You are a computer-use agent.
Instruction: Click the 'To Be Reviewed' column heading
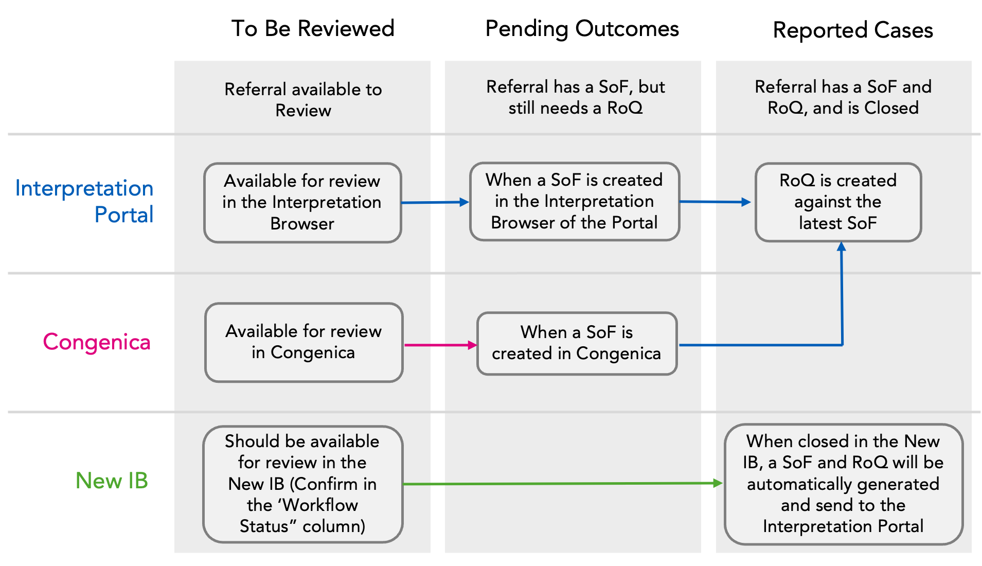(x=313, y=29)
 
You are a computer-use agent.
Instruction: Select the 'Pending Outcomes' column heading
(x=582, y=29)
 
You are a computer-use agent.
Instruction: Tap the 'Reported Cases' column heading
(x=852, y=30)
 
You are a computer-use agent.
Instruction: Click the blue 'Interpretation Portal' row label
(x=84, y=201)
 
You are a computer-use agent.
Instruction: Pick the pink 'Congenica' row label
(x=97, y=342)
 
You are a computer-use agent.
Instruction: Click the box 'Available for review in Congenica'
(x=303, y=342)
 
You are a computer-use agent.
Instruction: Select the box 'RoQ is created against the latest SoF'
(x=837, y=202)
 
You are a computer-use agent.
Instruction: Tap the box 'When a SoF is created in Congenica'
(x=576, y=343)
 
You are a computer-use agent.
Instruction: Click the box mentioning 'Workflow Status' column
(x=302, y=484)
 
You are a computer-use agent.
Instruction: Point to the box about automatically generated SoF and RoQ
(x=843, y=484)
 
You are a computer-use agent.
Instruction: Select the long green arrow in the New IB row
(x=561, y=484)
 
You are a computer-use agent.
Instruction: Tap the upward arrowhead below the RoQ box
(x=842, y=247)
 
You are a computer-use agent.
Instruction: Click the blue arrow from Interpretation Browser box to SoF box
(x=435, y=202)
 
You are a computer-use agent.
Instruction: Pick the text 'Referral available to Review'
(x=303, y=99)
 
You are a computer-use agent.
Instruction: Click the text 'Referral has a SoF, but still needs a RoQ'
(x=575, y=97)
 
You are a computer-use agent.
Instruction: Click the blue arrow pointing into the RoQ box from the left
(x=715, y=202)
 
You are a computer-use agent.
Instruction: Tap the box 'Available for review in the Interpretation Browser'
(x=302, y=202)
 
